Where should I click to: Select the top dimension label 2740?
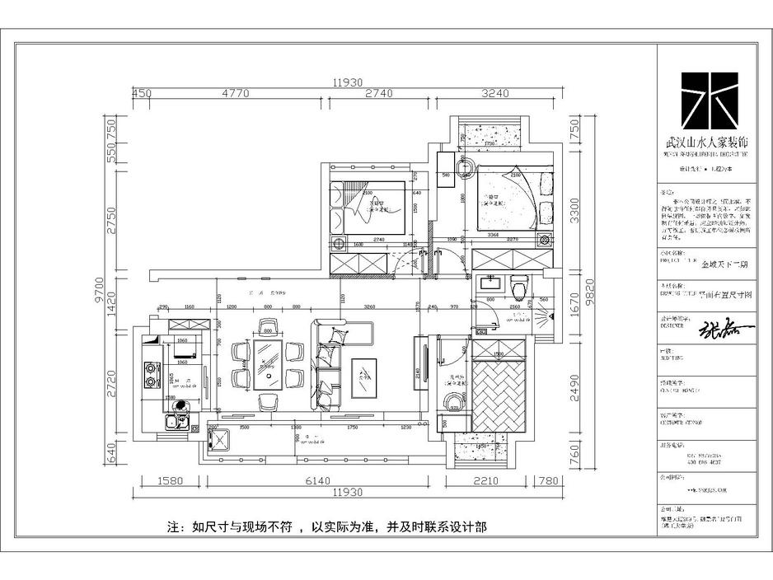pyautogui.click(x=377, y=93)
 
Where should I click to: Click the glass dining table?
pyautogui.click(x=267, y=362)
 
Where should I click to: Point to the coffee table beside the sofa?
pyautogui.click(x=363, y=381)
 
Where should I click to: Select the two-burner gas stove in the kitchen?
pyautogui.click(x=151, y=376)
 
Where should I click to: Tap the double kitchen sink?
pyautogui.click(x=176, y=423)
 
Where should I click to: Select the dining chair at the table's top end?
pyautogui.click(x=267, y=326)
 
